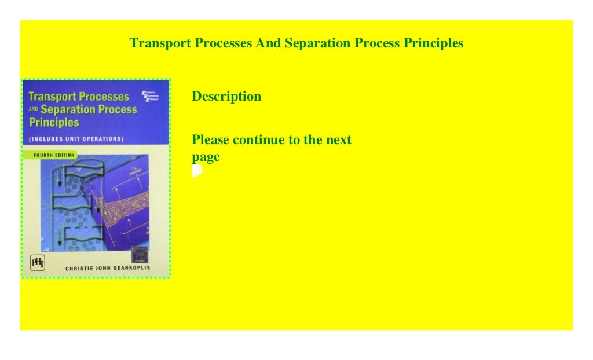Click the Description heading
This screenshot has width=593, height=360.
point(226,97)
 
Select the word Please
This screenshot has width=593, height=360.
point(211,140)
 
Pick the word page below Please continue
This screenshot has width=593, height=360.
point(206,157)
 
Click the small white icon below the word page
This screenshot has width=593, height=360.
point(197,170)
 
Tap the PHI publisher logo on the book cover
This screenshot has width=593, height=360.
point(37,263)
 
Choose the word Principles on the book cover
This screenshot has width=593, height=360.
point(53,123)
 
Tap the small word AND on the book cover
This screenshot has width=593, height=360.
point(33,110)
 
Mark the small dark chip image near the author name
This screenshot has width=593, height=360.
point(139,254)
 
